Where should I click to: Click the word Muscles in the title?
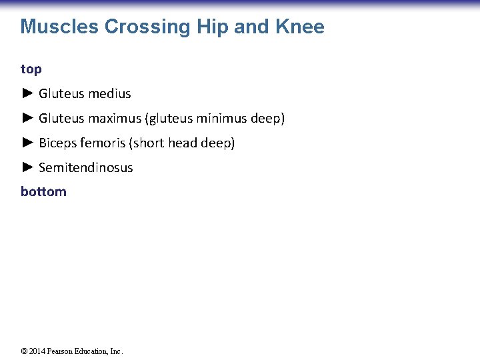[59, 27]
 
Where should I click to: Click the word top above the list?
[31, 69]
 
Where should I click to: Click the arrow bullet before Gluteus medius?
[27, 93]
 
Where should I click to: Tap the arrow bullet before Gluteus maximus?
[27, 118]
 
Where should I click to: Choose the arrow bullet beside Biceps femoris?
[27, 143]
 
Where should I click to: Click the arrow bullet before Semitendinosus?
[27, 167]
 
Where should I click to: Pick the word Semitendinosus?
[86, 167]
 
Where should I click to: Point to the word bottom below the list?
[43, 192]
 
